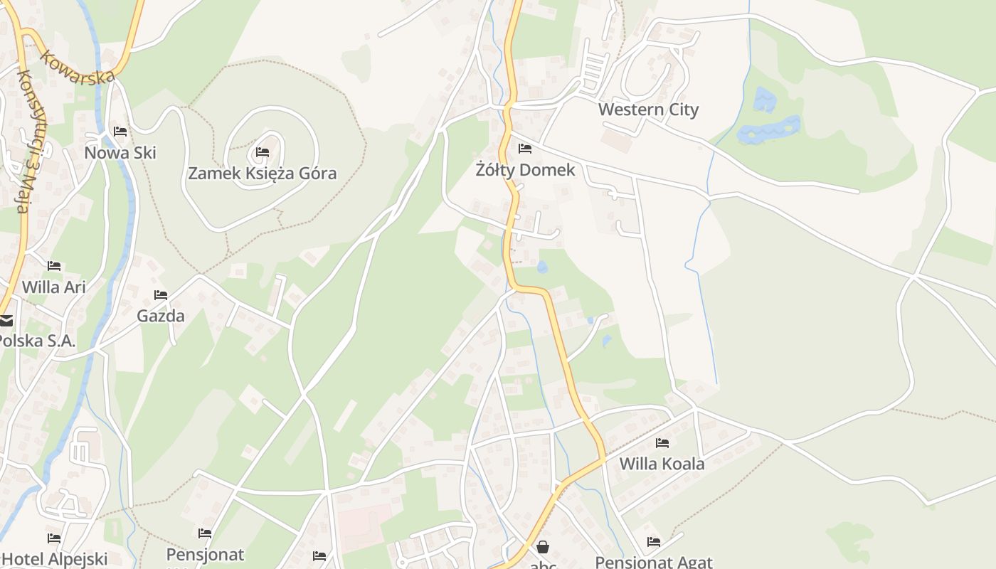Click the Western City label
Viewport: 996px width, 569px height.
point(648,110)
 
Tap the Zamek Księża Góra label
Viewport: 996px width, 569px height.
point(262,173)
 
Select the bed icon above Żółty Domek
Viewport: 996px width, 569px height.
point(525,149)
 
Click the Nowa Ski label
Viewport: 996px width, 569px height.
point(120,153)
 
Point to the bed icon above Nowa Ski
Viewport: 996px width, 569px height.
point(120,132)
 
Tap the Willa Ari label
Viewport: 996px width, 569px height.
point(54,287)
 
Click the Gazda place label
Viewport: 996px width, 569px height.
point(161,316)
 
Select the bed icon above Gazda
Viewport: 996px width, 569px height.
point(161,295)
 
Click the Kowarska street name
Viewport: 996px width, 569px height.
point(78,67)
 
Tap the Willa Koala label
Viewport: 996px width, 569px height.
point(662,464)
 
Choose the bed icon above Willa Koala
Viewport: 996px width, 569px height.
point(662,443)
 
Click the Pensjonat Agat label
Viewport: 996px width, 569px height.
point(653,562)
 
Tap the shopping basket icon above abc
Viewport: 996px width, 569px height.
point(543,547)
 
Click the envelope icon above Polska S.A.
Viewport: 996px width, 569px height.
point(6,321)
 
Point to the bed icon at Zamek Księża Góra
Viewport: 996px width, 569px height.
point(262,152)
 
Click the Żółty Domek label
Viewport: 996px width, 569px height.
point(525,170)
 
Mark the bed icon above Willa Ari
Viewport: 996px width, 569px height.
point(54,266)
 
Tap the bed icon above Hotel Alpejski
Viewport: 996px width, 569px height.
point(54,538)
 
